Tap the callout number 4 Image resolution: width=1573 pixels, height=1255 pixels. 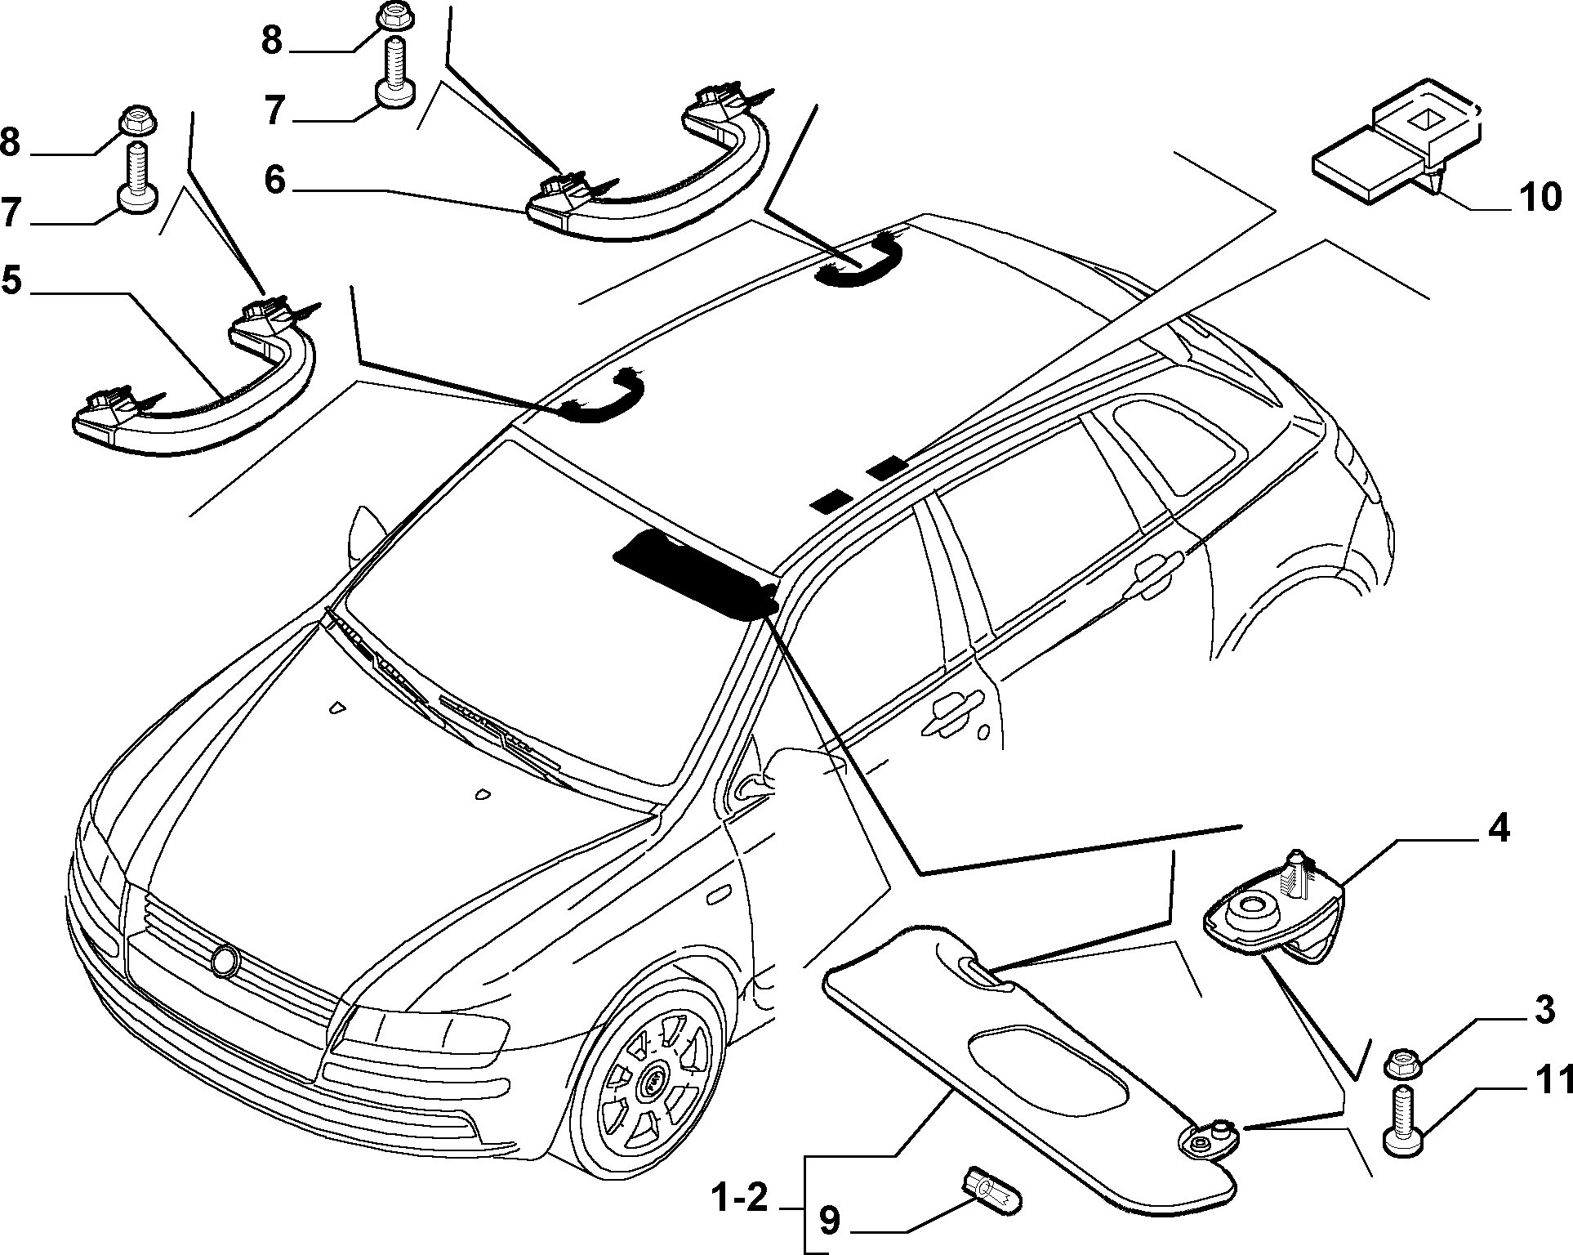pos(1498,830)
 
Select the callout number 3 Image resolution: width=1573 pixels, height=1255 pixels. pos(1543,1012)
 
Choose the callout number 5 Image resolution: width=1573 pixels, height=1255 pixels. pos(11,280)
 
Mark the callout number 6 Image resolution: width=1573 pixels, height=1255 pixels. pos(275,179)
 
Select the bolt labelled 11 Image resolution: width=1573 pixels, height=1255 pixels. pos(1406,1132)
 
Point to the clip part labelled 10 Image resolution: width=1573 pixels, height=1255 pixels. pos(1397,147)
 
